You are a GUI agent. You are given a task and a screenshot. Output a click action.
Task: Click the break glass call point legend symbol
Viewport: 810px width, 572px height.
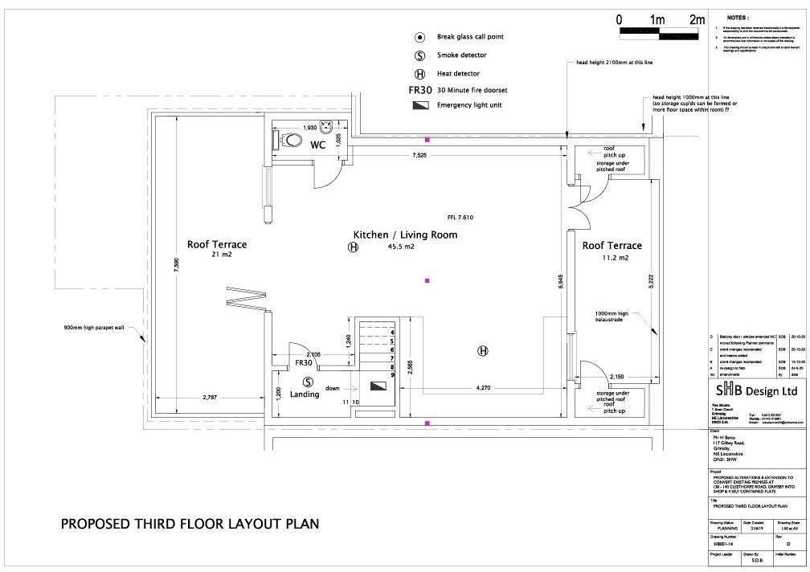pyautogui.click(x=419, y=38)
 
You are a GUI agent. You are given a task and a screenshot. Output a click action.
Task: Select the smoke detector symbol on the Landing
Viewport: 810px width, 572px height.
pyautogui.click(x=308, y=382)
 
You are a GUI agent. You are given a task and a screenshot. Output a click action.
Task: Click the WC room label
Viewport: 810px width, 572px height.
pyautogui.click(x=317, y=145)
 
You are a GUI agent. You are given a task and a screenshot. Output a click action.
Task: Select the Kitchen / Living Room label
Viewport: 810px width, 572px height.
pyautogui.click(x=405, y=235)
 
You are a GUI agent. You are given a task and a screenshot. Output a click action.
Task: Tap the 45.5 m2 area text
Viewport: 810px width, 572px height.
pyautogui.click(x=400, y=247)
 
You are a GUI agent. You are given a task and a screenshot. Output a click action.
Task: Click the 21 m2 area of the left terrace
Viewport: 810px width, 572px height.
pyautogui.click(x=217, y=255)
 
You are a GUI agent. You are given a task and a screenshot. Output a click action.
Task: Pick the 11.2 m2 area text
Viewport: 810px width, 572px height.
pyautogui.click(x=612, y=258)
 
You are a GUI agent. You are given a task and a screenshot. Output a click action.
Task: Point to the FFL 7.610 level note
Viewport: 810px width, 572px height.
pyautogui.click(x=460, y=218)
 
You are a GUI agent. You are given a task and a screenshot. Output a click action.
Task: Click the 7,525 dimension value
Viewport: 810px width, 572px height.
pyautogui.click(x=419, y=154)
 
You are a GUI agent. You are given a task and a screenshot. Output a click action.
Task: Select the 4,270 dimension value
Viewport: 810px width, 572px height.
pyautogui.click(x=484, y=388)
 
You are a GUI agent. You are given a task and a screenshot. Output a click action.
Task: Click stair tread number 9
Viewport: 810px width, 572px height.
pyautogui.click(x=392, y=375)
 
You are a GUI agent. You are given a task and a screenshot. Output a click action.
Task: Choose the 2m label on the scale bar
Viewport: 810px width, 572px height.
pyautogui.click(x=696, y=19)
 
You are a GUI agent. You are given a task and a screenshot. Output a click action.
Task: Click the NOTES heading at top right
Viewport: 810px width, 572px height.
pyautogui.click(x=738, y=17)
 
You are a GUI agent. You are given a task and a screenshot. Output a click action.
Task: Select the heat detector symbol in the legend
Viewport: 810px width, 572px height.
pyautogui.click(x=419, y=73)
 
